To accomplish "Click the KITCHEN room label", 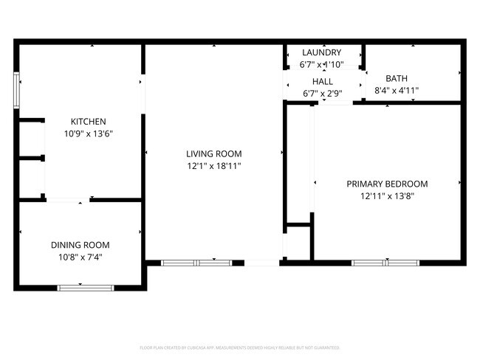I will [x=88, y=122].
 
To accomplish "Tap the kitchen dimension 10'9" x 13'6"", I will [x=88, y=134].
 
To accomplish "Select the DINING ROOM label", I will [x=80, y=245].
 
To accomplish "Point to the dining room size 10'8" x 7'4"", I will [x=80, y=257].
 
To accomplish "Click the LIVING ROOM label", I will [x=213, y=154].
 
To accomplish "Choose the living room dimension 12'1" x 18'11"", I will [x=213, y=166].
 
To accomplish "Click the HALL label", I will [x=322, y=82].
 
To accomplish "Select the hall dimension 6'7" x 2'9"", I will [x=322, y=94].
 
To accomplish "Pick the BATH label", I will [x=397, y=78].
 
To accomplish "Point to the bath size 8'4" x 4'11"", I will [x=397, y=91].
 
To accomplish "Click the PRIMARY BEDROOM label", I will [x=387, y=184].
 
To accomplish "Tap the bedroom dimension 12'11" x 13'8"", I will [x=387, y=196].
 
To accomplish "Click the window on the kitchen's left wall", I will [x=17, y=89].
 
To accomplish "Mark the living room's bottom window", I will [x=196, y=262].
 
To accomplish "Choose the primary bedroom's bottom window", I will [x=385, y=262].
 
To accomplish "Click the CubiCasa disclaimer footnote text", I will [x=239, y=347].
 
